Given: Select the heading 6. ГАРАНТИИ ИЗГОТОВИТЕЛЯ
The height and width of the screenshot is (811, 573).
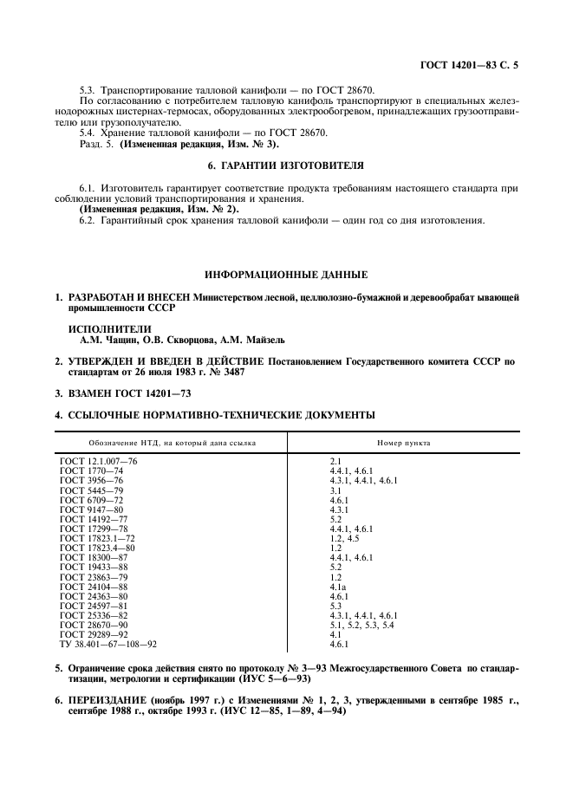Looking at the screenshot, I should tap(286, 164).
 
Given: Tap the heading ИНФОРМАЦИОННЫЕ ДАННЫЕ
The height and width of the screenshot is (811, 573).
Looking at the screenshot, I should tap(286, 275).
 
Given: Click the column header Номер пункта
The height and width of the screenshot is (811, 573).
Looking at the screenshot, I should tap(403, 443).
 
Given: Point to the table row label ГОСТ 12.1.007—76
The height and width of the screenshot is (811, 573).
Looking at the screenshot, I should tap(98, 461).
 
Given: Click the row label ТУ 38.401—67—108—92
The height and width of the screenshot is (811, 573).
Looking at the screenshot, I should tap(108, 645).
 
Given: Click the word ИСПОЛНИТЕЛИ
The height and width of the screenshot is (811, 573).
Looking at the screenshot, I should tap(108, 330).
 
